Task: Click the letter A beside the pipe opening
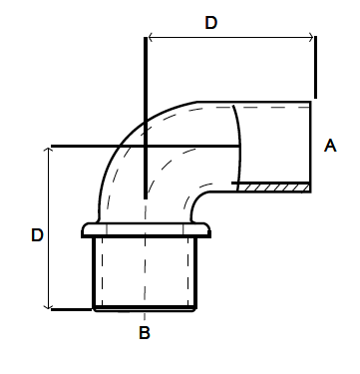pyautogui.click(x=330, y=146)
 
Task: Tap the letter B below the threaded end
pyautogui.click(x=145, y=333)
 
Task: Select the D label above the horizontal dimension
pyautogui.click(x=211, y=23)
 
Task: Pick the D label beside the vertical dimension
pyautogui.click(x=37, y=235)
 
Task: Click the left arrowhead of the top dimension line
pyautogui.click(x=151, y=37)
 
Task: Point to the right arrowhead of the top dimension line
pyautogui.click(x=311, y=37)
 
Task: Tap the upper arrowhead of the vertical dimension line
pyautogui.click(x=49, y=151)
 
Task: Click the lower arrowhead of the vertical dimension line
pyautogui.click(x=49, y=306)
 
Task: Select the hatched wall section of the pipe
pyautogui.click(x=273, y=187)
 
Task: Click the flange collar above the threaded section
pyautogui.click(x=146, y=229)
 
